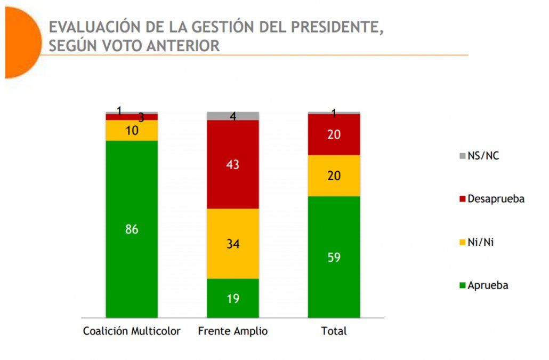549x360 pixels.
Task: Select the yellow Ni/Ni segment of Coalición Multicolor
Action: (x=132, y=131)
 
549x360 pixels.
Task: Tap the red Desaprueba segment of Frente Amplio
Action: (x=233, y=181)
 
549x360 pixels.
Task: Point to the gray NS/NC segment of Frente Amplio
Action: (x=233, y=116)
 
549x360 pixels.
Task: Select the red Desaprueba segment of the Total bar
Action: (x=334, y=134)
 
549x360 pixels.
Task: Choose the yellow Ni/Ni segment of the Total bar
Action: (x=334, y=176)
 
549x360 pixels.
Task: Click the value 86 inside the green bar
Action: (x=132, y=230)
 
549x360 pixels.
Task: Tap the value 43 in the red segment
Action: (x=233, y=165)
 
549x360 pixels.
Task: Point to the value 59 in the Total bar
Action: (x=334, y=258)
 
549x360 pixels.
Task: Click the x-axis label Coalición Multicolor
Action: (x=132, y=331)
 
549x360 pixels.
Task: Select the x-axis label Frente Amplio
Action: (x=233, y=331)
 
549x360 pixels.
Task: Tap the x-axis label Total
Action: (x=334, y=331)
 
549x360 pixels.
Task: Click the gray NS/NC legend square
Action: (x=461, y=156)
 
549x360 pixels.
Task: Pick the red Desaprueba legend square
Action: (x=461, y=199)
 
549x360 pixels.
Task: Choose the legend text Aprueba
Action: (x=488, y=285)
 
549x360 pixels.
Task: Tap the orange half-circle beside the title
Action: (x=20, y=43)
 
